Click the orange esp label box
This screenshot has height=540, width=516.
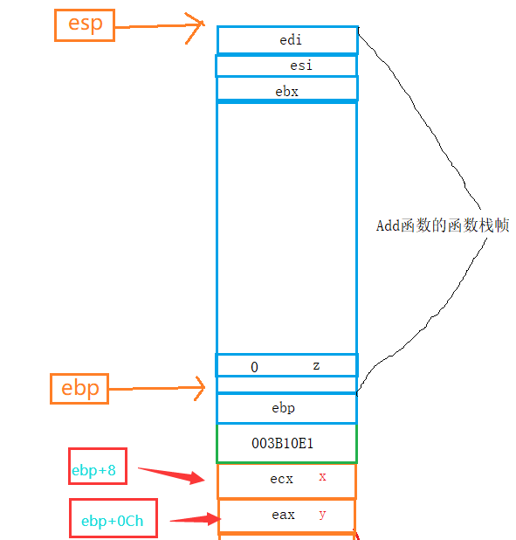85,24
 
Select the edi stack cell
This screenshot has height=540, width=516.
287,40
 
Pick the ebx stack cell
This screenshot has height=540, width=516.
287,89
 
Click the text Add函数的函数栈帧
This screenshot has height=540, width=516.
442,225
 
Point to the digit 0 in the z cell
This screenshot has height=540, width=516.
254,367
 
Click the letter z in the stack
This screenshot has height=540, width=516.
316,365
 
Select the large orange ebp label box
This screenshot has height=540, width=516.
79,388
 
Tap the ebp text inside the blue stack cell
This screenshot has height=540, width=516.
284,408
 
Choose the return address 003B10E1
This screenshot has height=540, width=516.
282,443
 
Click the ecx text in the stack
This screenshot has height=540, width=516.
282,479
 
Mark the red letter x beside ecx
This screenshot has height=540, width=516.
322,477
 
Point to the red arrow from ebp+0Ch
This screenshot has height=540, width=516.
193,518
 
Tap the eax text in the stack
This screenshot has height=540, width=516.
283,515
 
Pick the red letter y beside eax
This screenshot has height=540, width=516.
322,515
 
